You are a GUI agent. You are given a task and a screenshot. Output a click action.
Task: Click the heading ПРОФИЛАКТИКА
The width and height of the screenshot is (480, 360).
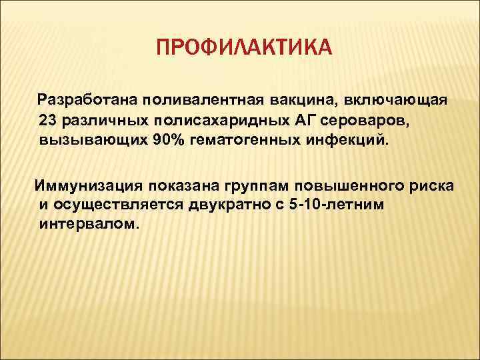pos(243,48)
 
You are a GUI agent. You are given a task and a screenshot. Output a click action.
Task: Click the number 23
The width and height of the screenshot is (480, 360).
pos(49,120)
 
